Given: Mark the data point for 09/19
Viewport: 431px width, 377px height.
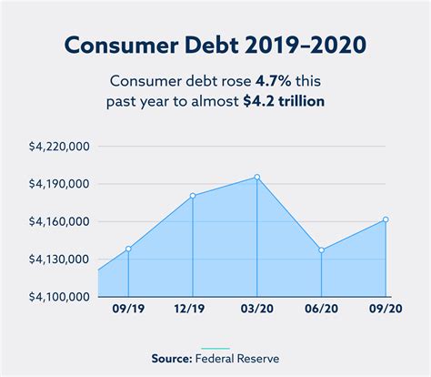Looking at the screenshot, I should (128, 249).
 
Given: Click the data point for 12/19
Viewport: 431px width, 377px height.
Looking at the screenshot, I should (194, 196).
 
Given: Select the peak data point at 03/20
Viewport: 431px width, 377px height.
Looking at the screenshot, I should (257, 178).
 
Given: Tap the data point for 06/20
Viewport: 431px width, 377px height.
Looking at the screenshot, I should (322, 250).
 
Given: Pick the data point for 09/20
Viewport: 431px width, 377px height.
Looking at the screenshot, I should (386, 219).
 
